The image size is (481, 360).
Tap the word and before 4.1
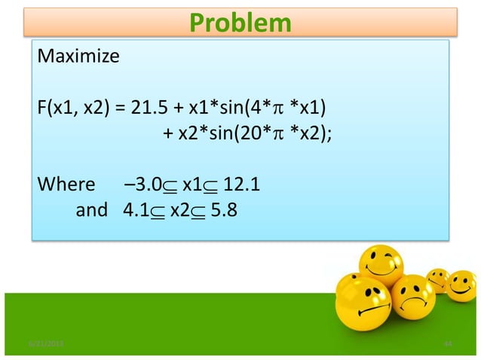tap(92, 210)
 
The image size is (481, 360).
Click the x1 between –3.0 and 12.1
tap(191, 185)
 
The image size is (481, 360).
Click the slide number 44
tap(448, 343)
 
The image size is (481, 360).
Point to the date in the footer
tap(47, 343)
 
